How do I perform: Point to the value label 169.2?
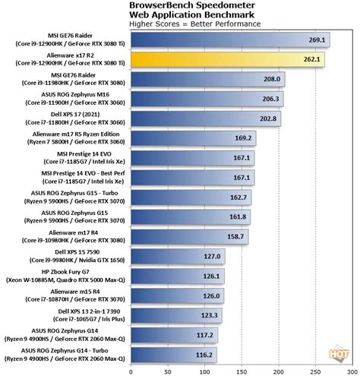pos(243,137)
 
